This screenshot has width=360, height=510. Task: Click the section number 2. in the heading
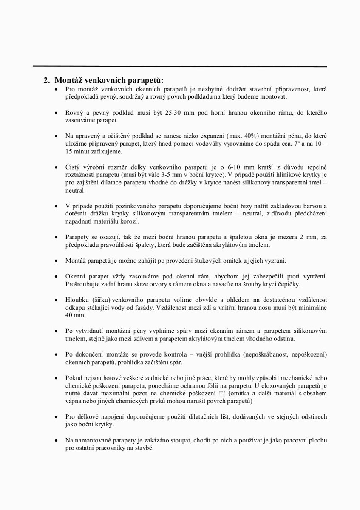coord(47,80)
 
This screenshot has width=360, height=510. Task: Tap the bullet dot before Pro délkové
coord(56,416)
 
